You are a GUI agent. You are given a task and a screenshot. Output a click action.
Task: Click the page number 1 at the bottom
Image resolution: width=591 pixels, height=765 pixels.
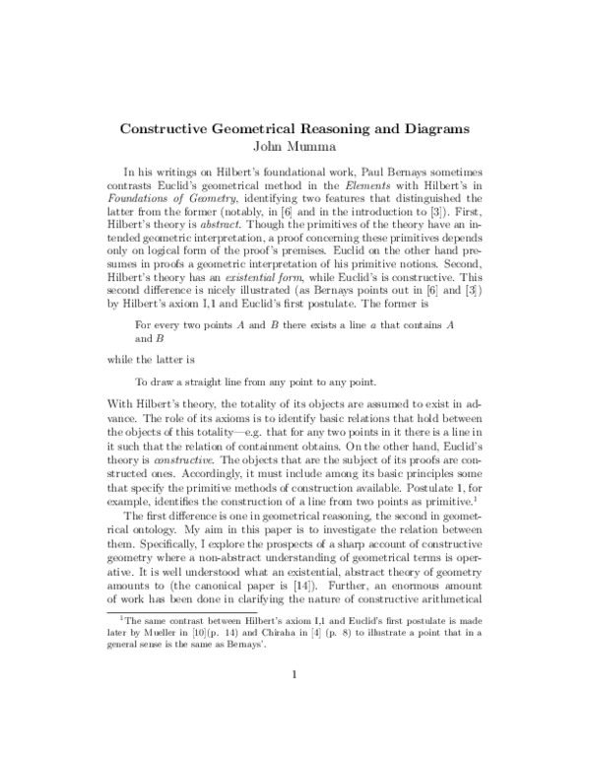[295, 702]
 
